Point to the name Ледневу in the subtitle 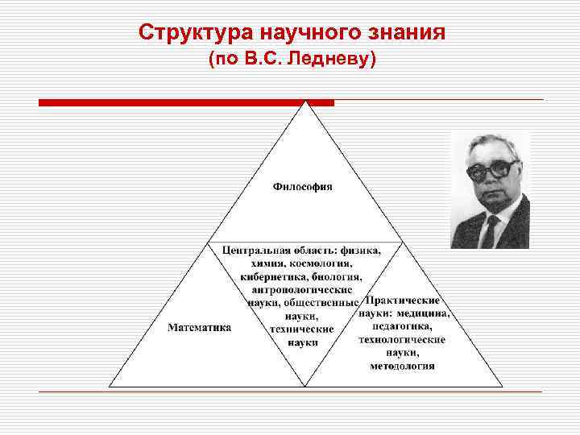coord(339,60)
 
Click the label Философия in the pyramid coord(303,187)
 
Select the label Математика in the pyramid coord(200,327)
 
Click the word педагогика coord(403,326)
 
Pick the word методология coord(403,365)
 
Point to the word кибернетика coord(271,276)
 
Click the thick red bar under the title coord(186,102)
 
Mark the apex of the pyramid coord(305,103)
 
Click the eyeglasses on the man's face coord(491,169)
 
